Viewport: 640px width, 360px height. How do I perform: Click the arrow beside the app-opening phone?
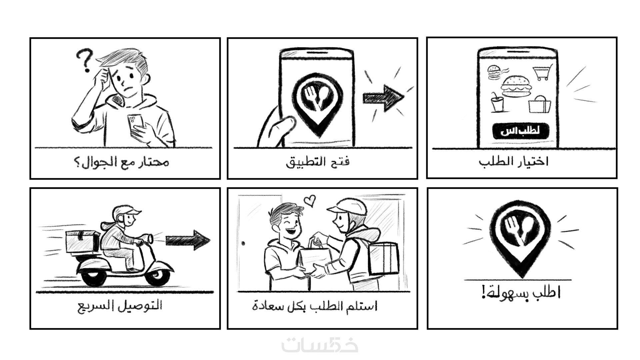(x=383, y=98)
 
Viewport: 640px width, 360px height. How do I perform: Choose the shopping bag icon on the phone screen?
(x=539, y=104)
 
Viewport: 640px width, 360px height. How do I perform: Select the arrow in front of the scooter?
(x=188, y=240)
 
